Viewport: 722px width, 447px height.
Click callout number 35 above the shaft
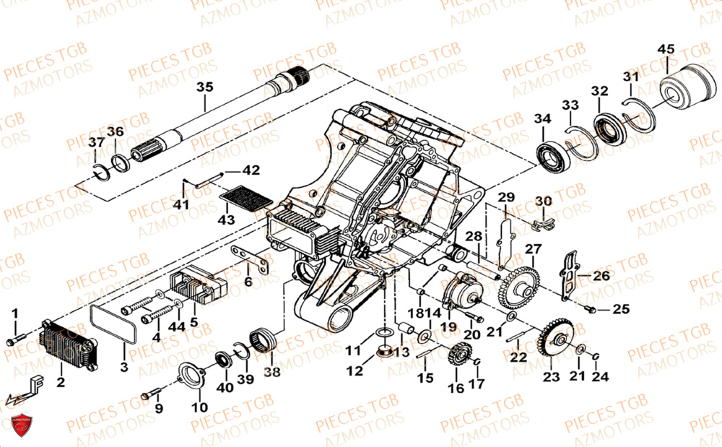tap(205, 87)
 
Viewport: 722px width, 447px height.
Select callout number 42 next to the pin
tap(250, 171)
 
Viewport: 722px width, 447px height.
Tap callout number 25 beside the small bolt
tap(621, 310)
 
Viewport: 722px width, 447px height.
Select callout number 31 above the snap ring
tap(631, 78)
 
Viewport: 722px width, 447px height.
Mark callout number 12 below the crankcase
tap(354, 371)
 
